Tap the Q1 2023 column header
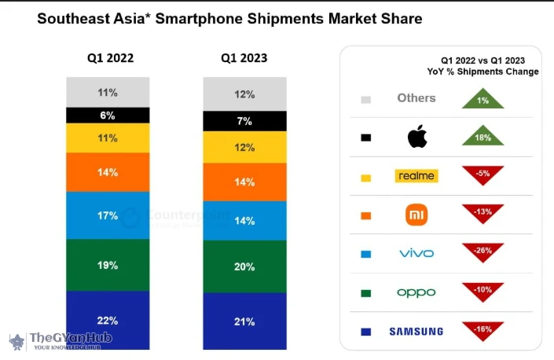244,58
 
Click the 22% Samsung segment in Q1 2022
108,320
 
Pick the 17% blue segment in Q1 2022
108,215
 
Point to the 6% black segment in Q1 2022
108,116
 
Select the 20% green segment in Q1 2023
244,266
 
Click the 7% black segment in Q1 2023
244,121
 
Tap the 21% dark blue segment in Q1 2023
244,321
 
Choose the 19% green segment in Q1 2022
108,265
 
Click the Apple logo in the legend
416,138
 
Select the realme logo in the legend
416,176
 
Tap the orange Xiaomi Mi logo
416,215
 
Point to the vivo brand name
416,253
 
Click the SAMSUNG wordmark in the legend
416,331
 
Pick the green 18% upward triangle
482,136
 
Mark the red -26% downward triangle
482,252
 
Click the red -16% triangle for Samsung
482,329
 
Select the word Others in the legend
416,98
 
